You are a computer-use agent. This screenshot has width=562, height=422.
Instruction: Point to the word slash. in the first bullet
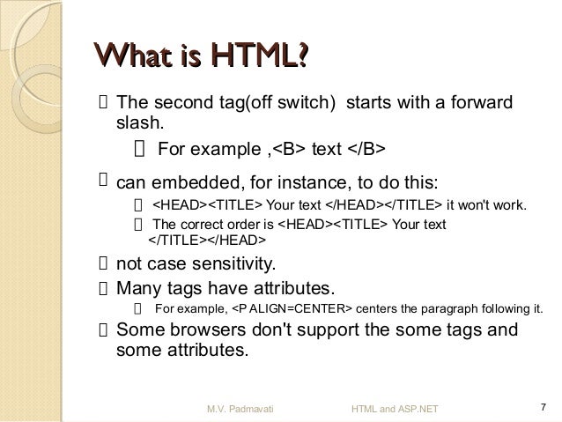139,124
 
